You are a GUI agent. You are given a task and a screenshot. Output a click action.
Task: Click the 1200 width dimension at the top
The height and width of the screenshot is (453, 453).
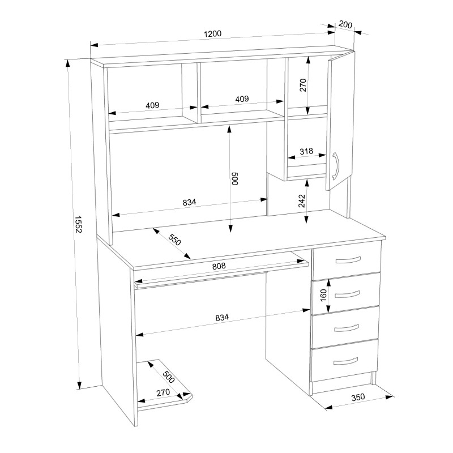point(213,34)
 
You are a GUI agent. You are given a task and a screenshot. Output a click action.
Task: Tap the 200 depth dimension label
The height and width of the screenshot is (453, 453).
point(345,24)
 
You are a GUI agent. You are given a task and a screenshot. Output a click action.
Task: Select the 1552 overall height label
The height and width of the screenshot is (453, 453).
point(79,224)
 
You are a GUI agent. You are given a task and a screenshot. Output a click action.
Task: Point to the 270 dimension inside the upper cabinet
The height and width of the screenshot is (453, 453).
point(302,85)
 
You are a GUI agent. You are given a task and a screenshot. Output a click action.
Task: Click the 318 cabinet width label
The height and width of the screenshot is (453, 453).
point(306,151)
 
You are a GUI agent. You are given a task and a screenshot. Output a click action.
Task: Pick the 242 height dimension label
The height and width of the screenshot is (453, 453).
point(301,201)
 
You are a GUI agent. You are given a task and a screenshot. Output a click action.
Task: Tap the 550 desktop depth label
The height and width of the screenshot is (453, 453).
point(174,240)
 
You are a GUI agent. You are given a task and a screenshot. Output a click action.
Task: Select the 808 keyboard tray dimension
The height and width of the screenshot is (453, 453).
point(219,266)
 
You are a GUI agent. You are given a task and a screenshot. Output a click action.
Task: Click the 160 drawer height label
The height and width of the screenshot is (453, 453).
point(323,295)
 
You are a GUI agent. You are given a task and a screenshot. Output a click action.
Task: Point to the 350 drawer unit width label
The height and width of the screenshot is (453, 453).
point(358,398)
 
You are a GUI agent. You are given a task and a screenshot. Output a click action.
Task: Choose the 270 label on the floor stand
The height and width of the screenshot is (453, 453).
point(163,393)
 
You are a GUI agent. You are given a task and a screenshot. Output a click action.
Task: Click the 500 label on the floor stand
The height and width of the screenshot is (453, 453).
point(168,376)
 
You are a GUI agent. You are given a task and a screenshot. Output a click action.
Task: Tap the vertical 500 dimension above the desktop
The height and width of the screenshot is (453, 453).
point(234,178)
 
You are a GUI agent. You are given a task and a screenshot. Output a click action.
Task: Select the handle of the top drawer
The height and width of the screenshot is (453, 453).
point(348,260)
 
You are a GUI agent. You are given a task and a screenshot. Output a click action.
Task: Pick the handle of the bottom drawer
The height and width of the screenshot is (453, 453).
point(345,361)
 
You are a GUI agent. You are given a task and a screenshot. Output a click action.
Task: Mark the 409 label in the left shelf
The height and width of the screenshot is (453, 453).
point(152,105)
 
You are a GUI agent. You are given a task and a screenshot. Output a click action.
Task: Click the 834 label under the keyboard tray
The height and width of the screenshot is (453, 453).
point(222,318)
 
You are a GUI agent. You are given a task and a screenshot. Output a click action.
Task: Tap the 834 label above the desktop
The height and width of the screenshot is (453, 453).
point(189,202)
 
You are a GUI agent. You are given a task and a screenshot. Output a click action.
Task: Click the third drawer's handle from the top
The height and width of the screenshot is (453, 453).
point(346,328)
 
